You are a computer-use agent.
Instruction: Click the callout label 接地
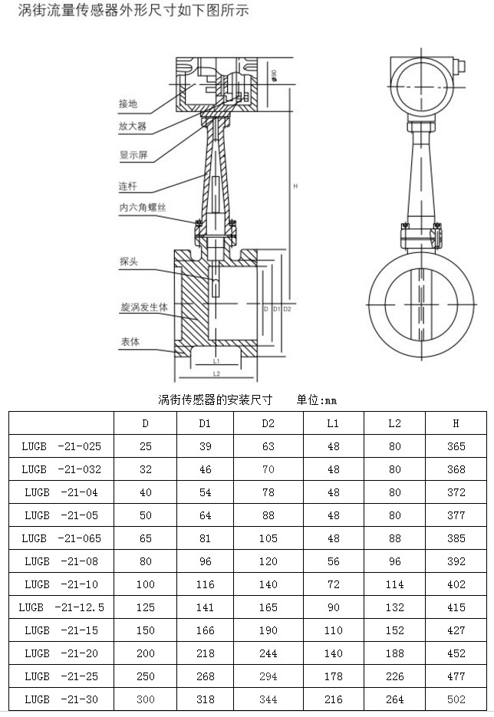128,104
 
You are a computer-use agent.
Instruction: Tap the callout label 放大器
132,126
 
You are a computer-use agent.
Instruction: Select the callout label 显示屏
132,155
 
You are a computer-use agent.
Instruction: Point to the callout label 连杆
127,186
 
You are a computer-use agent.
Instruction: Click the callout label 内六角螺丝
143,207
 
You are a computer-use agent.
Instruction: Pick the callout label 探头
128,261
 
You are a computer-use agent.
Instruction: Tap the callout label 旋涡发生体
143,306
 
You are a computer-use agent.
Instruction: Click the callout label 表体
129,342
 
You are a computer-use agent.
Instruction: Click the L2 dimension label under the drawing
216,373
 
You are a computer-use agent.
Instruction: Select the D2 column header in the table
268,423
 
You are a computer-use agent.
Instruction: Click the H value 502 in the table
456,699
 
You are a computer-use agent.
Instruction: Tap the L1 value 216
333,699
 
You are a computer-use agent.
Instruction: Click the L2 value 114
394,584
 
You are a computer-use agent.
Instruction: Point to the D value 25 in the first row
146,446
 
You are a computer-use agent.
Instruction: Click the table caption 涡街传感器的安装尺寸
216,400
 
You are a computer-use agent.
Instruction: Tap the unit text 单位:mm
317,400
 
